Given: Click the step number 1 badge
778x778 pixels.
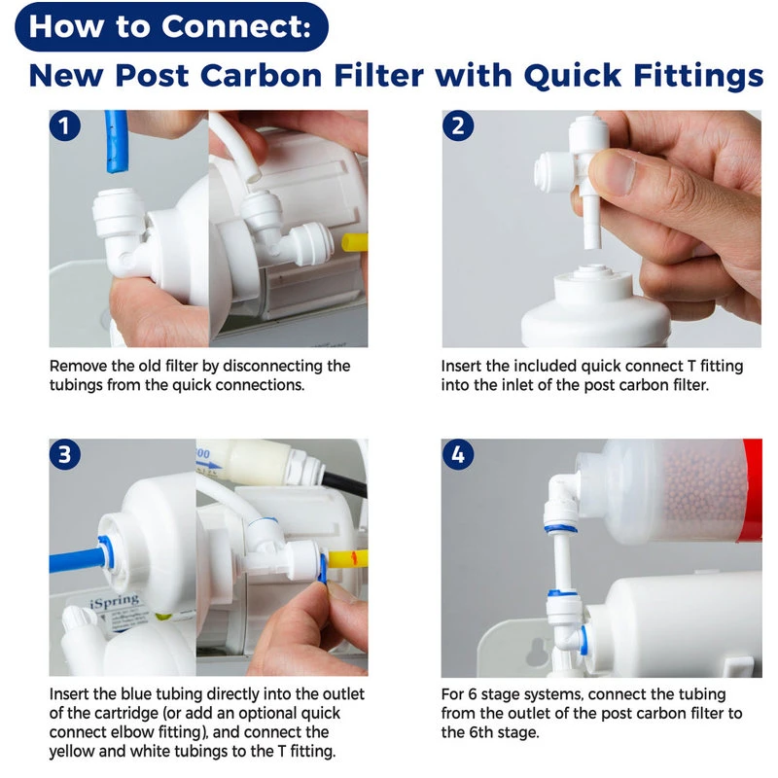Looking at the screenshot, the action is click(65, 126).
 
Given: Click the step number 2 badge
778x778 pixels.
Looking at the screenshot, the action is click(457, 126).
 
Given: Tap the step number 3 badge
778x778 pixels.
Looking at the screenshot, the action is click(65, 454).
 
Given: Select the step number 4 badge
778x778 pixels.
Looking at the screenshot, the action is click(457, 454).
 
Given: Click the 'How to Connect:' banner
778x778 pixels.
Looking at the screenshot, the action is click(171, 26).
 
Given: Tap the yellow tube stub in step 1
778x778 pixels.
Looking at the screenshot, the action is click(355, 243).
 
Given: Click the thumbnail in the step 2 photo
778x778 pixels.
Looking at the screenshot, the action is click(612, 171).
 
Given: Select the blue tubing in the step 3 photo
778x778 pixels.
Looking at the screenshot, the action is click(77, 560).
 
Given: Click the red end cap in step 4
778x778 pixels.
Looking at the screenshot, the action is click(752, 490).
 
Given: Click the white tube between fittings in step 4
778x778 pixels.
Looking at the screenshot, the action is click(562, 561).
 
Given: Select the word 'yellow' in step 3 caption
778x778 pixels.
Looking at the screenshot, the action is click(75, 752).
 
